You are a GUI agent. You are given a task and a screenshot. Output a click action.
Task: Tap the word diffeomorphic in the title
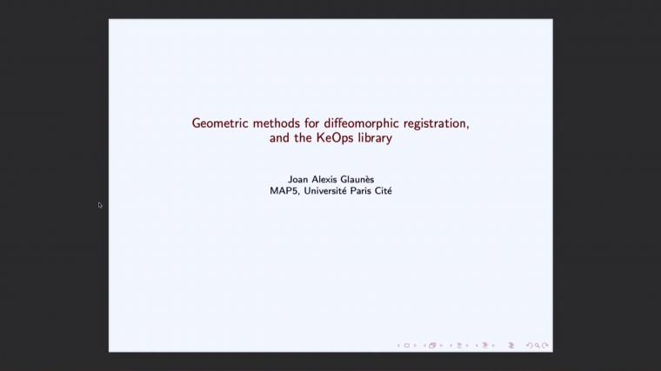(360, 123)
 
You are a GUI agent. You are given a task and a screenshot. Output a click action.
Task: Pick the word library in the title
(371, 137)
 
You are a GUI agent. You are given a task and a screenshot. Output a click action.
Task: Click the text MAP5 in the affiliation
(282, 191)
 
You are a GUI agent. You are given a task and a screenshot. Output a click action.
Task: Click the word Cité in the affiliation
(384, 191)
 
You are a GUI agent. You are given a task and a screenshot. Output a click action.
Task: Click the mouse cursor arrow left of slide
(100, 205)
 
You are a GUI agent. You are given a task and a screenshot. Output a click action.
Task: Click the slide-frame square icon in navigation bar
(406, 345)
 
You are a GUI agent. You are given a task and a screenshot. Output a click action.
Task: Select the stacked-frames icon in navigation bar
(431, 345)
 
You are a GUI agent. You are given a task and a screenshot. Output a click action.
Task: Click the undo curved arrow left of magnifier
(530, 345)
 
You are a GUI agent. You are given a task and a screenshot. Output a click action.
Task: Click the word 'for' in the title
(312, 123)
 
